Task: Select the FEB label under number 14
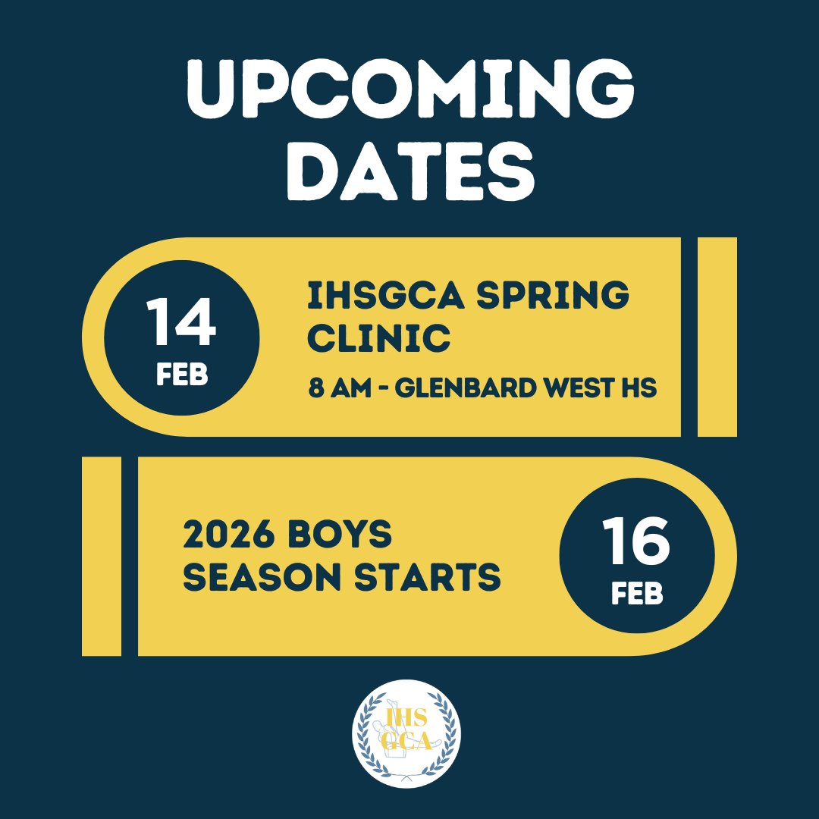(182, 375)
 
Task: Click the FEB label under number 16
(637, 595)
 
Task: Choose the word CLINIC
(378, 338)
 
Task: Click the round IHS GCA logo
(406, 733)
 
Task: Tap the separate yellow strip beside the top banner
(717, 337)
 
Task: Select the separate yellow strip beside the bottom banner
(102, 556)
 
